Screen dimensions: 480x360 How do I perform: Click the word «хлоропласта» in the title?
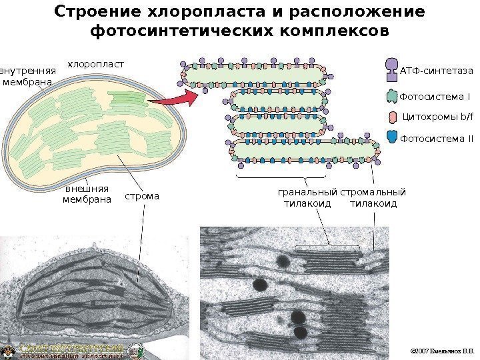click(x=225, y=13)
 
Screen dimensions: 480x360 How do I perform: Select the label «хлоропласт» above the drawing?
click(x=96, y=64)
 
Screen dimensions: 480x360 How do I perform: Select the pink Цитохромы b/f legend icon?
click(x=393, y=118)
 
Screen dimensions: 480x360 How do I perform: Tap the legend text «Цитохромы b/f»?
click(x=437, y=118)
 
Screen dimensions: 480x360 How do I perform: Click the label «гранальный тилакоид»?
click(x=307, y=198)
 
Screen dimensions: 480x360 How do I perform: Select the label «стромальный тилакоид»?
click(x=373, y=198)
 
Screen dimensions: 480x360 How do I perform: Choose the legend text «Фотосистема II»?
click(x=436, y=139)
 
